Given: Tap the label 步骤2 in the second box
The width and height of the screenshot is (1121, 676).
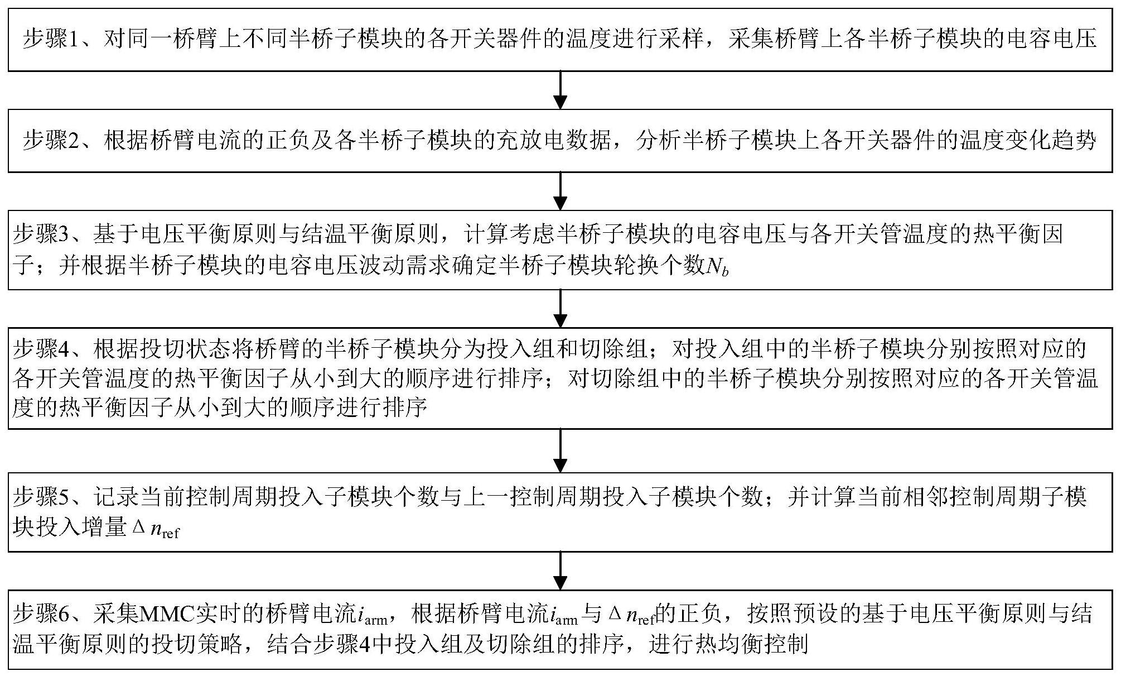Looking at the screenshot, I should tap(54, 140).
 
